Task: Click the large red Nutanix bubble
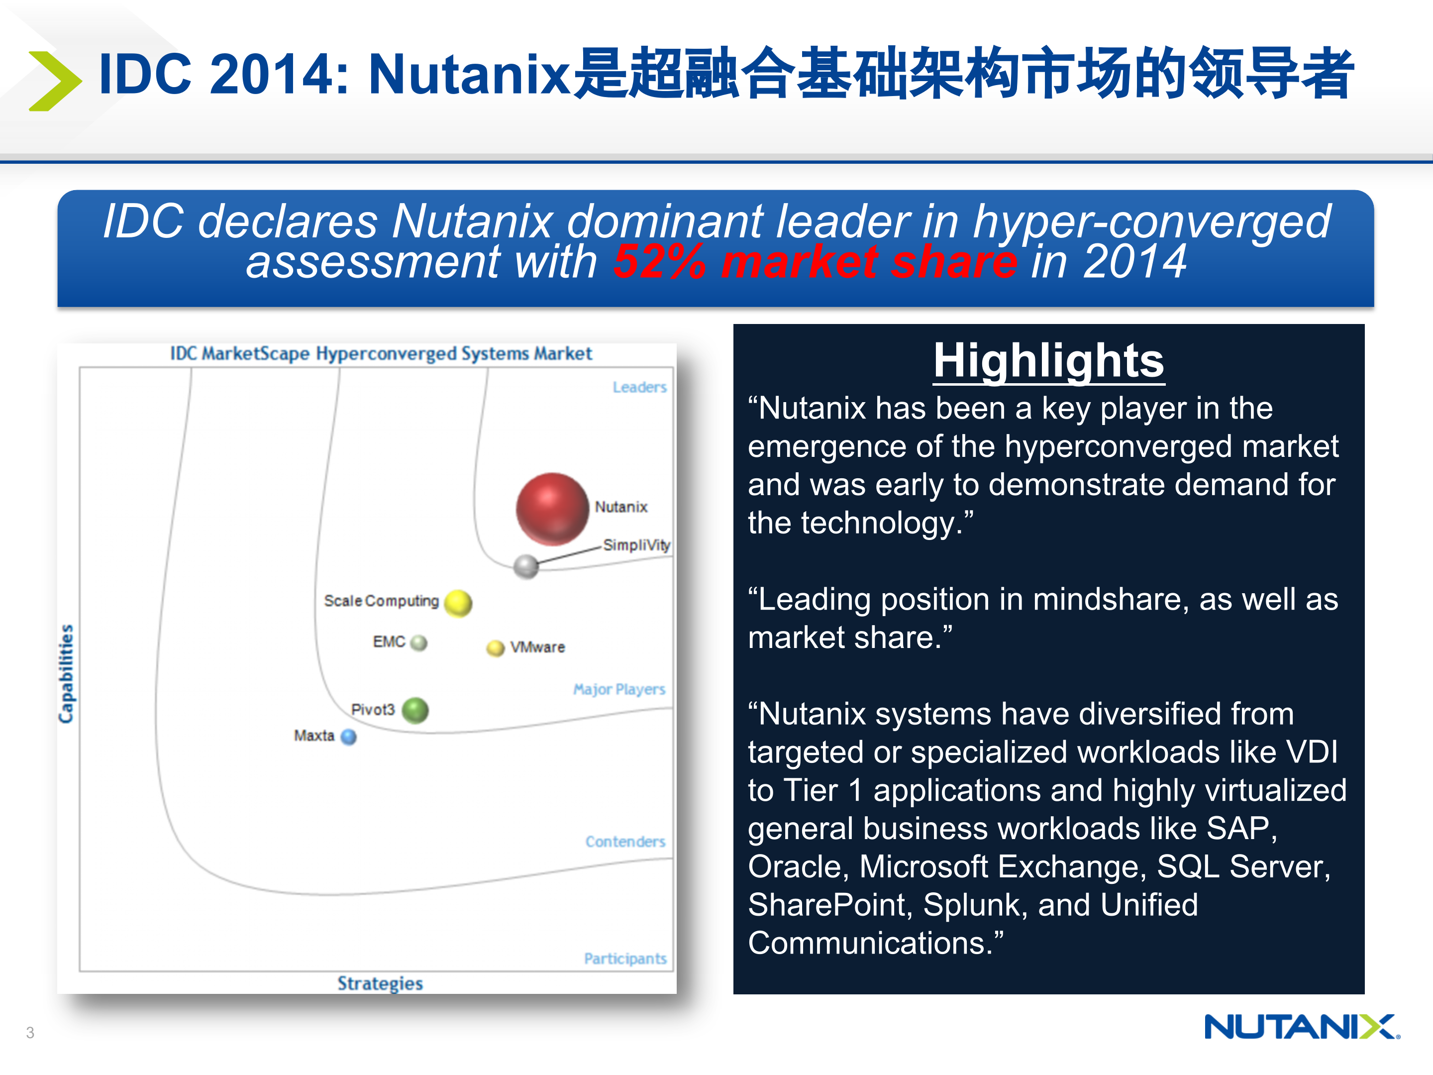pyautogui.click(x=552, y=509)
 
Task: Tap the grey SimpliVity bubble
pyautogui.click(x=526, y=566)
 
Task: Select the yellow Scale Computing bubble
pyautogui.click(x=459, y=603)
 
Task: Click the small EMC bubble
pyautogui.click(x=419, y=643)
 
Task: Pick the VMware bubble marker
pyautogui.click(x=496, y=648)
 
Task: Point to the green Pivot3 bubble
pyautogui.click(x=415, y=710)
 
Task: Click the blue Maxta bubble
pyautogui.click(x=348, y=737)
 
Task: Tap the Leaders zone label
pyautogui.click(x=639, y=388)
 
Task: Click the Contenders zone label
pyautogui.click(x=625, y=842)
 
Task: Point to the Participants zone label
pyautogui.click(x=625, y=959)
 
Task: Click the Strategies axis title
pyautogui.click(x=380, y=983)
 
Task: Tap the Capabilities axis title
pyautogui.click(x=66, y=674)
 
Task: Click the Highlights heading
pyautogui.click(x=1048, y=361)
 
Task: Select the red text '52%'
pyautogui.click(x=659, y=262)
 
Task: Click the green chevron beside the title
pyautogui.click(x=55, y=81)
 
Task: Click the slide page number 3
pyautogui.click(x=30, y=1032)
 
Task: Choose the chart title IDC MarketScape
pyautogui.click(x=381, y=354)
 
